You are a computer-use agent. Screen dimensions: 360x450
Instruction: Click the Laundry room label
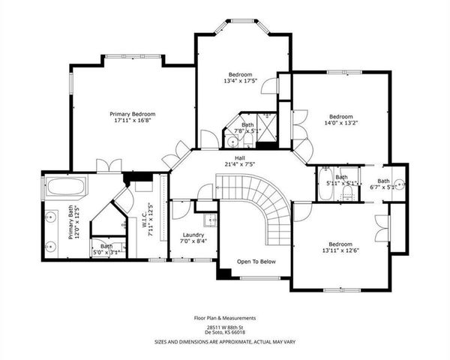click(x=193, y=235)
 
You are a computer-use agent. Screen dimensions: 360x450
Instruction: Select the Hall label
click(x=240, y=158)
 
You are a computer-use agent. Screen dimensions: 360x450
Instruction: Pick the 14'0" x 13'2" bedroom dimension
click(x=340, y=124)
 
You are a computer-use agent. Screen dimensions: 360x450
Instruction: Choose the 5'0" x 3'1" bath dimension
click(x=106, y=252)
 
